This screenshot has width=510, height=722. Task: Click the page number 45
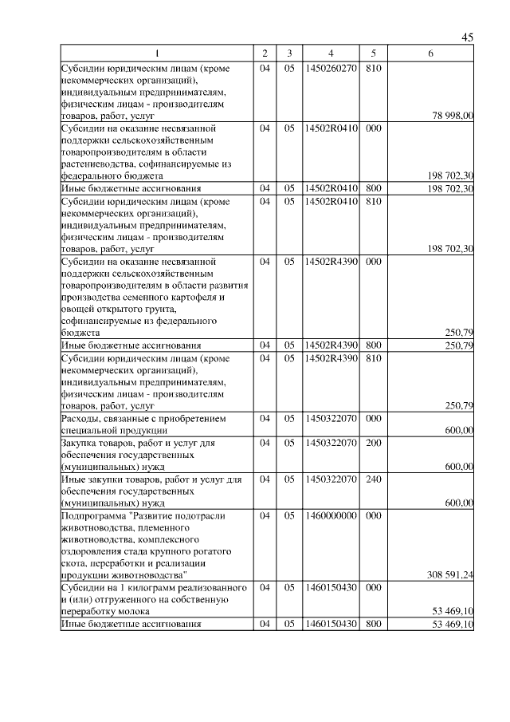point(468,37)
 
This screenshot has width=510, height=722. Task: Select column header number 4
point(330,53)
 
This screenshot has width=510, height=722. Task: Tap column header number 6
point(430,53)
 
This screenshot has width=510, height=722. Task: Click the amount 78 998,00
point(453,116)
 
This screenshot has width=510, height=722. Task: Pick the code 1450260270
point(330,69)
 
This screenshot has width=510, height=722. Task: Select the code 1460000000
point(330,516)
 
